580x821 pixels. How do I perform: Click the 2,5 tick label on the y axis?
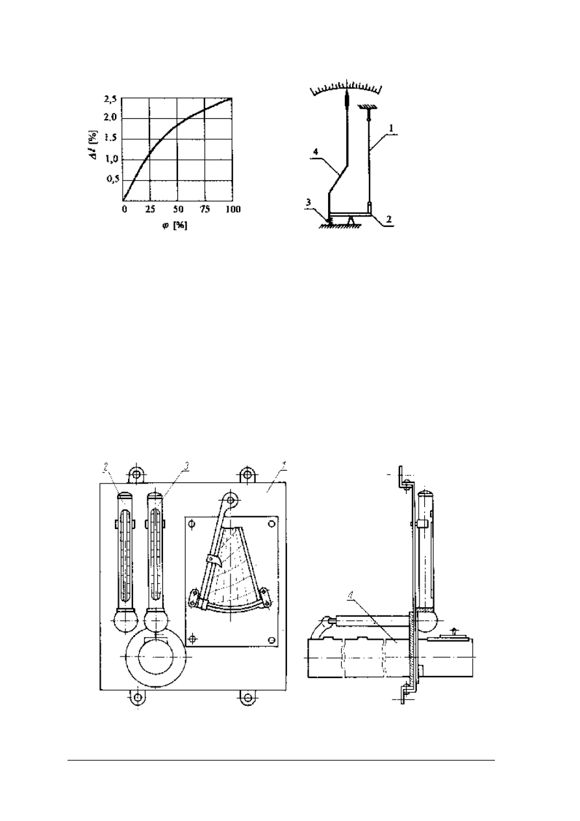click(x=110, y=99)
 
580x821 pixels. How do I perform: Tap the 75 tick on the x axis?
click(x=205, y=209)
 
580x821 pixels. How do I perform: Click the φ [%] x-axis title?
click(x=175, y=226)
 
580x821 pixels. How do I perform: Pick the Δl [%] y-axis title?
click(x=94, y=146)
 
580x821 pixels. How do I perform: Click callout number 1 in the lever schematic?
click(x=391, y=128)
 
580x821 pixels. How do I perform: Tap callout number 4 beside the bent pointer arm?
click(x=316, y=151)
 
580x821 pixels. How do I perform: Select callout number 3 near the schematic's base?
click(x=309, y=202)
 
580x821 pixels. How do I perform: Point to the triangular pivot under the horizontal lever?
click(x=351, y=220)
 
